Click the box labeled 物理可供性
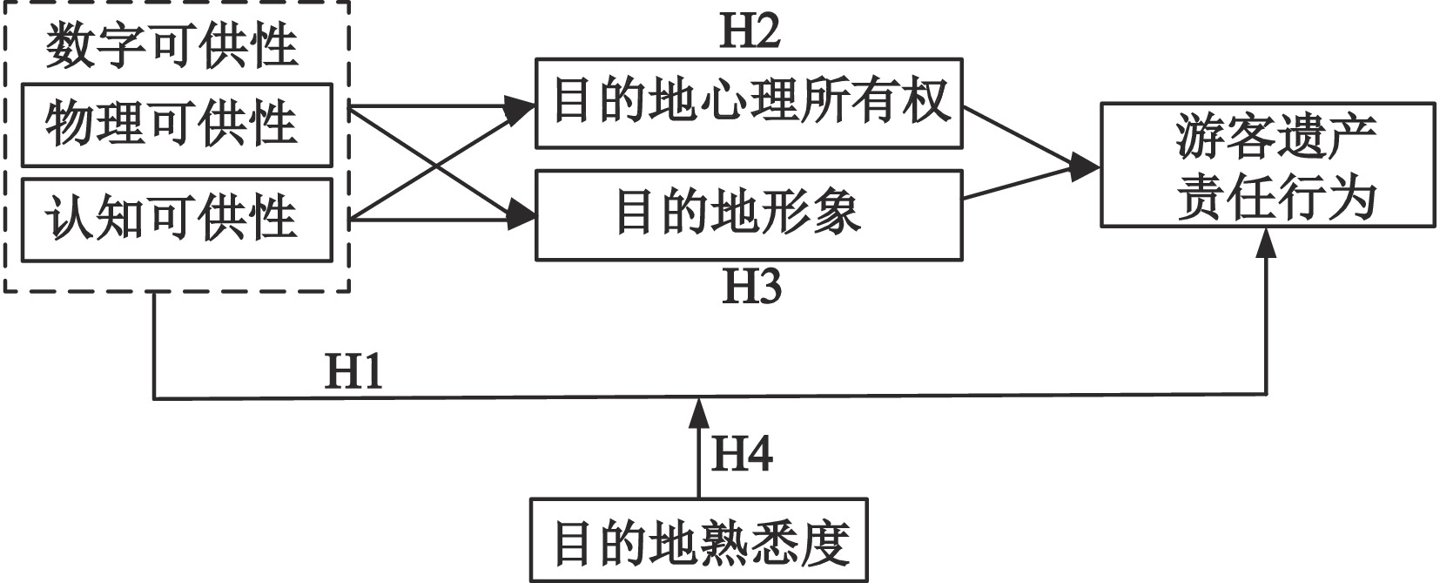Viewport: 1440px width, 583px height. pyautogui.click(x=176, y=125)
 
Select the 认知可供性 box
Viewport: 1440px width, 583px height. pyautogui.click(x=176, y=219)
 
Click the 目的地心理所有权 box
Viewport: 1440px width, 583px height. pyautogui.click(x=749, y=103)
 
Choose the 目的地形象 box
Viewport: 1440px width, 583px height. pyautogui.click(x=749, y=214)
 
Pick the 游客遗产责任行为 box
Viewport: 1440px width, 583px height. pyautogui.click(x=1267, y=165)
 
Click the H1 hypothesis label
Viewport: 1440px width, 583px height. pyautogui.click(x=353, y=373)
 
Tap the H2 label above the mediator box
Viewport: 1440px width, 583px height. pyautogui.click(x=750, y=31)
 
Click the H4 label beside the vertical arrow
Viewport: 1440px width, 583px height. pyautogui.click(x=742, y=454)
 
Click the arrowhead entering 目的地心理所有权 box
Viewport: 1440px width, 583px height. pyautogui.click(x=521, y=108)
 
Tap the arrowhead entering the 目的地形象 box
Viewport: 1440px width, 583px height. pyautogui.click(x=521, y=214)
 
